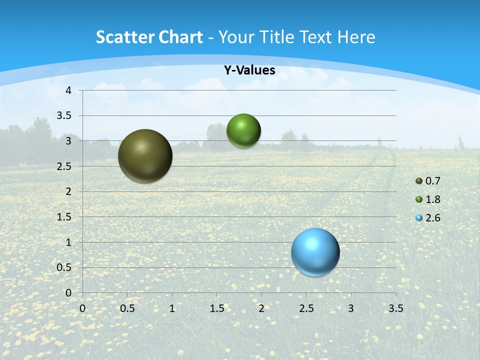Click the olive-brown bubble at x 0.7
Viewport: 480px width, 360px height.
click(x=145, y=156)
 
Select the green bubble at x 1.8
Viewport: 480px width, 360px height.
click(x=243, y=131)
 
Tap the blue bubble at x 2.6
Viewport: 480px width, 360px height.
click(x=315, y=252)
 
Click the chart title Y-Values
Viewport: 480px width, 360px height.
click(x=249, y=70)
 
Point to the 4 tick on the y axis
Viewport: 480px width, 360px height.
click(x=68, y=90)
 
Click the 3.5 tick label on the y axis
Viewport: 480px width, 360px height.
click(x=64, y=116)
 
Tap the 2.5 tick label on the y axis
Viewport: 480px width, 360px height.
click(x=64, y=166)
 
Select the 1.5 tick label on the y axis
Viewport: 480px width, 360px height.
click(x=64, y=217)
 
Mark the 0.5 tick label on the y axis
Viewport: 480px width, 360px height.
click(x=64, y=267)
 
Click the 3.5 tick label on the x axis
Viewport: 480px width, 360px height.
click(x=395, y=308)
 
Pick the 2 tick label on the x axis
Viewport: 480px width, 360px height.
click(x=261, y=308)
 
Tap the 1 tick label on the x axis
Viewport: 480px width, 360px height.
click(x=172, y=308)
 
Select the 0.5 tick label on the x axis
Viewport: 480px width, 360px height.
click(x=127, y=308)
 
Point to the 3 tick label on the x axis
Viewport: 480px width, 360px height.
click(x=351, y=308)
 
